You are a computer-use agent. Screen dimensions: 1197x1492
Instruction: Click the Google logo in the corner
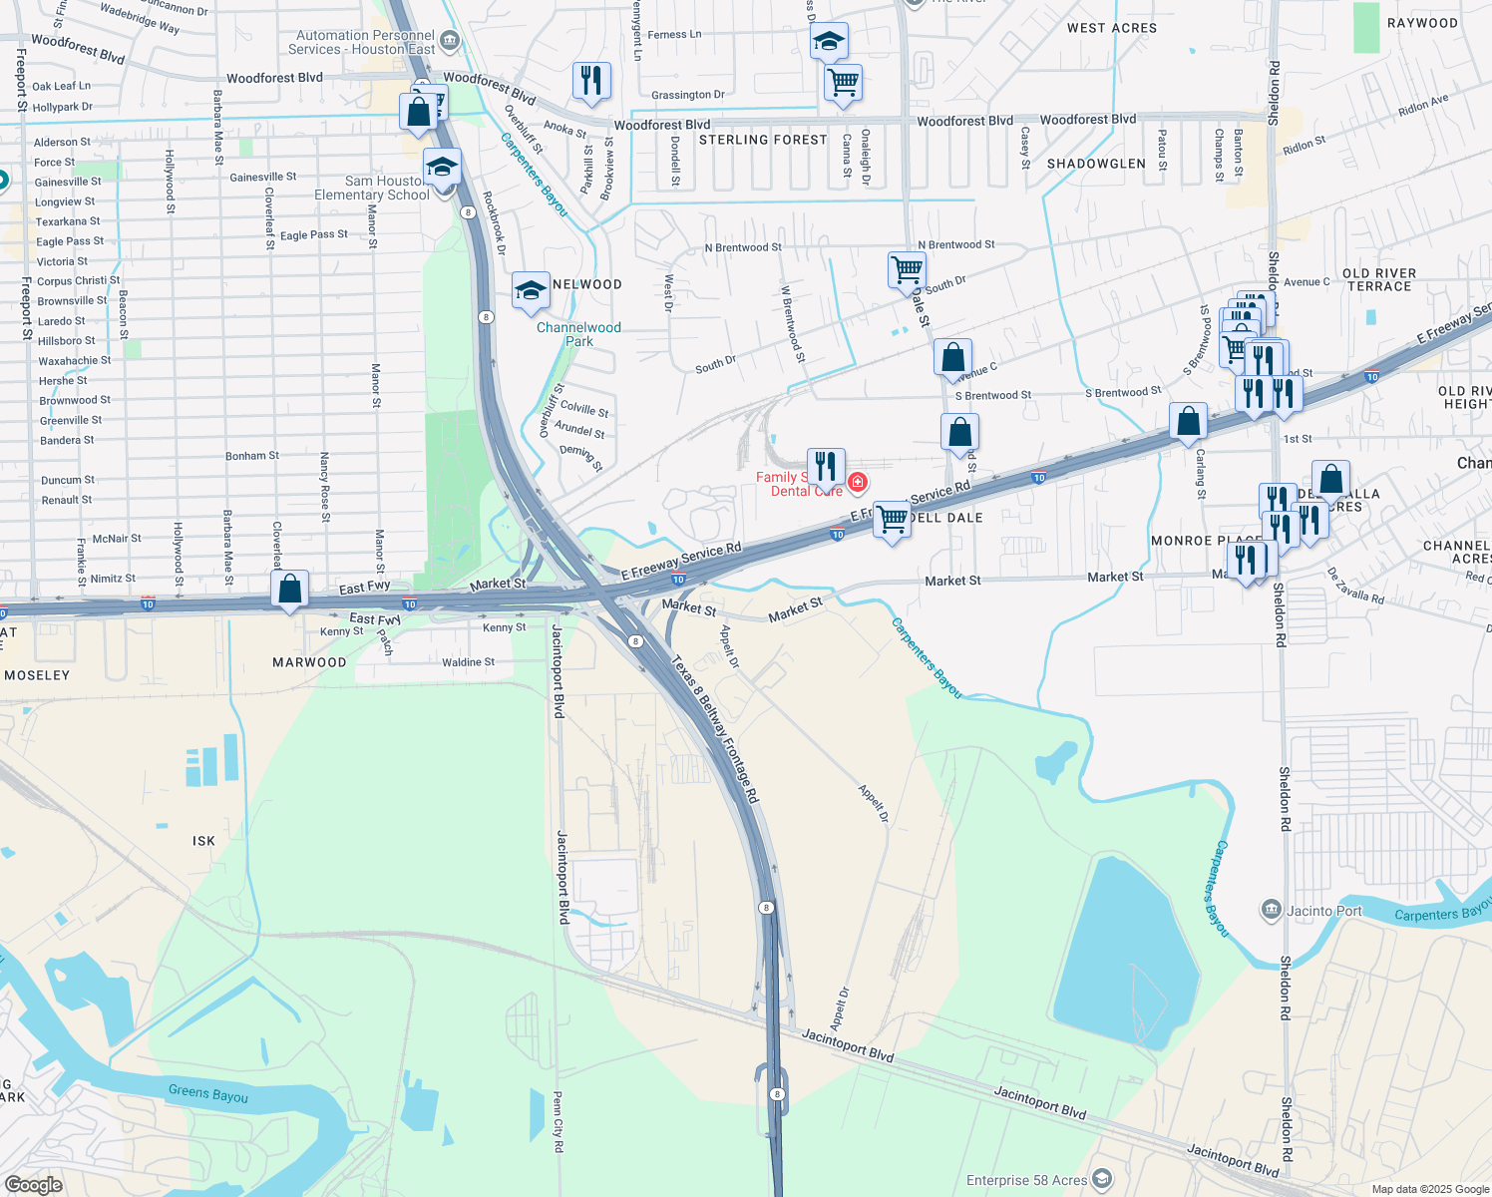point(33,1184)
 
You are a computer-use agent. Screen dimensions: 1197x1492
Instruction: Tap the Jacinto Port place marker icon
point(1271,910)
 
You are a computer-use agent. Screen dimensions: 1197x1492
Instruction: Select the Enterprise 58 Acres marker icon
point(1102,1180)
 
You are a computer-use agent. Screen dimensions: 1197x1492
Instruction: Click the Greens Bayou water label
point(208,1093)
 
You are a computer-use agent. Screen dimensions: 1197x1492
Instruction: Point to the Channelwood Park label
point(578,334)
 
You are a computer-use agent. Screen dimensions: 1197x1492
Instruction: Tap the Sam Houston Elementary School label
point(372,188)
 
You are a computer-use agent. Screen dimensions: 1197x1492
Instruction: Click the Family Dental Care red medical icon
point(857,484)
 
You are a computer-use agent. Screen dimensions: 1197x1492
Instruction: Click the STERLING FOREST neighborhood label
point(763,140)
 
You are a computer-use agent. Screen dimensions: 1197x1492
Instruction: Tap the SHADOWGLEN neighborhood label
point(1096,164)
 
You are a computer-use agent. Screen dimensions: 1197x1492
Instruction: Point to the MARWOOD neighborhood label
point(309,662)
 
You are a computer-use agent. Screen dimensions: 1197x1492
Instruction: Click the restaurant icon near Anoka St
point(591,81)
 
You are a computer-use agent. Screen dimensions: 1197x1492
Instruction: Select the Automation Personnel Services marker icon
point(450,41)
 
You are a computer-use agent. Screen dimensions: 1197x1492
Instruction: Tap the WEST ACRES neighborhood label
point(1112,28)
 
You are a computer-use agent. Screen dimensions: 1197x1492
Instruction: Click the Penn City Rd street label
point(558,1122)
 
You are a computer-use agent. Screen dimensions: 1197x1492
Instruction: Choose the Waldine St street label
point(468,662)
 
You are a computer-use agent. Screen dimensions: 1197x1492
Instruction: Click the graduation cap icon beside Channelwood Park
point(531,290)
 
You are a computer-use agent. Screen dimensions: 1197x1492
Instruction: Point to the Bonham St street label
point(252,456)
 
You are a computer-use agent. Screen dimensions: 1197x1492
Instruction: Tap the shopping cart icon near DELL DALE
point(893,519)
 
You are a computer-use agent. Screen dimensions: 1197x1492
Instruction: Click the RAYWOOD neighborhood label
point(1422,23)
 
